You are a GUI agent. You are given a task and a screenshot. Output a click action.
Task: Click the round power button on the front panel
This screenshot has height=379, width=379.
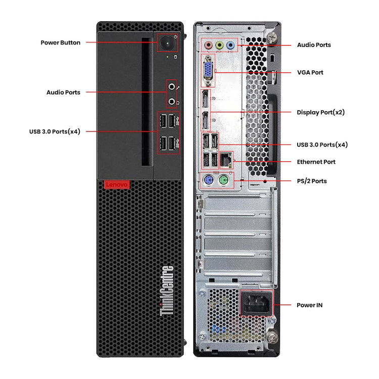[x=167, y=43]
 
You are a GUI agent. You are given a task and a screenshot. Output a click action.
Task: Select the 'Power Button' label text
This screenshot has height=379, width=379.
[x=60, y=42]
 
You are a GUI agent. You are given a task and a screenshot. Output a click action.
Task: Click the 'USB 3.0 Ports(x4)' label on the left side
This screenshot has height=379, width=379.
[x=55, y=131]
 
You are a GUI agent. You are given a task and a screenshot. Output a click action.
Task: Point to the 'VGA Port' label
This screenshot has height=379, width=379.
[x=310, y=72]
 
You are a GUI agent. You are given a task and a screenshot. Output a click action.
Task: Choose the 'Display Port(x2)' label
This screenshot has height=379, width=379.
[x=320, y=112]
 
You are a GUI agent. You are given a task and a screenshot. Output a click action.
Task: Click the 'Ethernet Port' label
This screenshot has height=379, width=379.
[x=316, y=162]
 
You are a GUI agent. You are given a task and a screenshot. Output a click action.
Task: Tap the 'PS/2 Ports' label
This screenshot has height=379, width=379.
[x=311, y=181]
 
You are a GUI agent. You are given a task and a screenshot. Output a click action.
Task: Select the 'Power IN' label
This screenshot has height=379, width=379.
[x=309, y=305]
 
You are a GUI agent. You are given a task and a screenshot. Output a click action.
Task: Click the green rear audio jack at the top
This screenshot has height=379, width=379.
[x=219, y=45]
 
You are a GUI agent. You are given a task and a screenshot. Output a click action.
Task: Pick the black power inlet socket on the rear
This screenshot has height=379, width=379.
[x=256, y=304]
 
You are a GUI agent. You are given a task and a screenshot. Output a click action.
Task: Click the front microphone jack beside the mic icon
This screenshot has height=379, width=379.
[x=172, y=87]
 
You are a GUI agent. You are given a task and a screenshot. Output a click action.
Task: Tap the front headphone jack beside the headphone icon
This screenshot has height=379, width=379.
[x=172, y=102]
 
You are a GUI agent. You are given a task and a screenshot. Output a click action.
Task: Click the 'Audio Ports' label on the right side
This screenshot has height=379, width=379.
[x=314, y=45]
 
